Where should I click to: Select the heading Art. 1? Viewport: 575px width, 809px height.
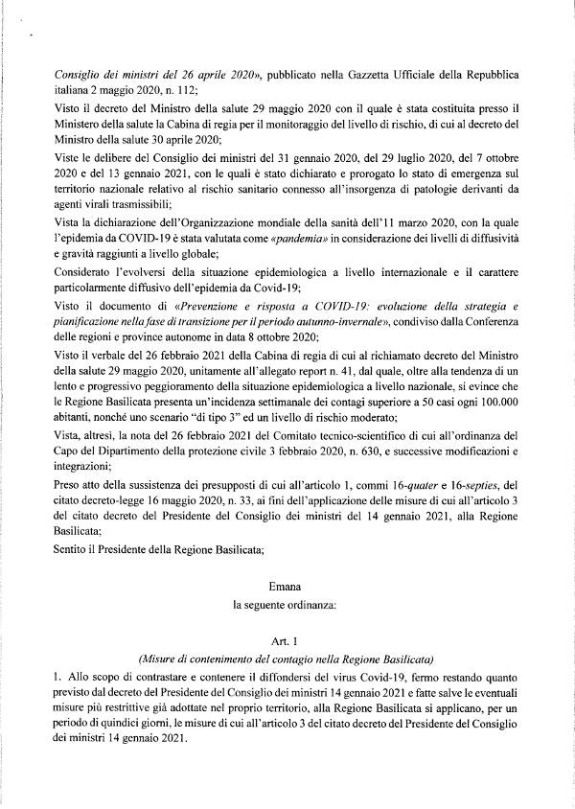[x=287, y=638]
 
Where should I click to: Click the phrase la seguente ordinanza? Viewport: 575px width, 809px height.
[x=287, y=604]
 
